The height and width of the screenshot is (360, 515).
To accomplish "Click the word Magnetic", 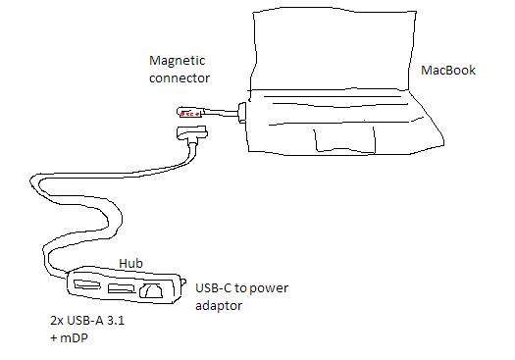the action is [177, 62].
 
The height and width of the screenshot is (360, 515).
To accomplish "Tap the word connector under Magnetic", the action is [180, 78].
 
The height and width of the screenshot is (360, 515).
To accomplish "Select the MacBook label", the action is [448, 70].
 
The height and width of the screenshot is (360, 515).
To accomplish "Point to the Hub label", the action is [130, 263].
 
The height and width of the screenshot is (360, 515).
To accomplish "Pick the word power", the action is [269, 289].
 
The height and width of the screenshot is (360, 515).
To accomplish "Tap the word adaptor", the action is [219, 306].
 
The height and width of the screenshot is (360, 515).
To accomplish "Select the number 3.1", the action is [116, 320].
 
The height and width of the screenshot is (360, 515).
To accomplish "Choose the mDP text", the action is [74, 338].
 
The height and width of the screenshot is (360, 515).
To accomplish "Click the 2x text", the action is [57, 320].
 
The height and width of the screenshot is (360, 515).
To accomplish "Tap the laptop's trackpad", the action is [344, 139].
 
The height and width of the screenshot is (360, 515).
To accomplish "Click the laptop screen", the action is [333, 49].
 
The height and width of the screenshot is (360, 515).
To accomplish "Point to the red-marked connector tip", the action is [190, 113].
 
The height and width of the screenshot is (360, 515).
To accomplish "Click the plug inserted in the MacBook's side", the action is [242, 113].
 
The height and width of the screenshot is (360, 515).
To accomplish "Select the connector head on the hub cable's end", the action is [192, 132].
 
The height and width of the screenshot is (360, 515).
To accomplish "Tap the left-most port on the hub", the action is [86, 284].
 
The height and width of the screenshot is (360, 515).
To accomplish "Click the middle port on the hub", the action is [122, 288].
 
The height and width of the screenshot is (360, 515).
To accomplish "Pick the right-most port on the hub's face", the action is [151, 290].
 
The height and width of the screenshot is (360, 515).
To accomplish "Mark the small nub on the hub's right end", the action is [183, 283].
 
